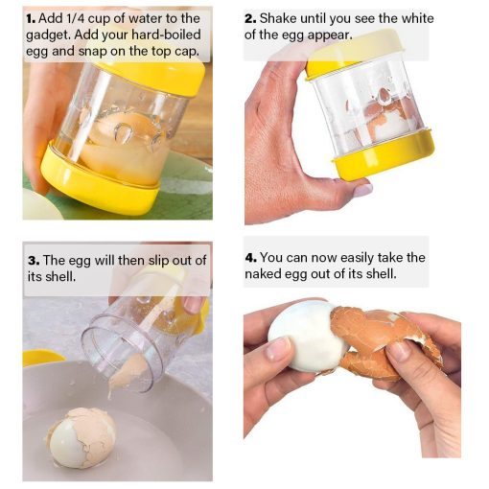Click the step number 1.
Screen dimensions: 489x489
coord(31,19)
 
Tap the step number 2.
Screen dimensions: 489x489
coord(250,19)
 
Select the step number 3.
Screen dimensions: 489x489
coord(34,261)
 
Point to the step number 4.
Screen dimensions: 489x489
coord(250,258)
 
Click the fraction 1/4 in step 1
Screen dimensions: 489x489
coord(75,18)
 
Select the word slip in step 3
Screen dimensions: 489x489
coord(158,261)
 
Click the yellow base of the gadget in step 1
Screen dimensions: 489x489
coord(99,181)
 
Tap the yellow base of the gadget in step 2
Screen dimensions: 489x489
coord(384,154)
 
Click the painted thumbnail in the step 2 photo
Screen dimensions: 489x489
coord(363,190)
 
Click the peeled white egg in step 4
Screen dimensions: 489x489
coord(307,337)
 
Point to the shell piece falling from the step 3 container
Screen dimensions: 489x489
coord(128,373)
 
